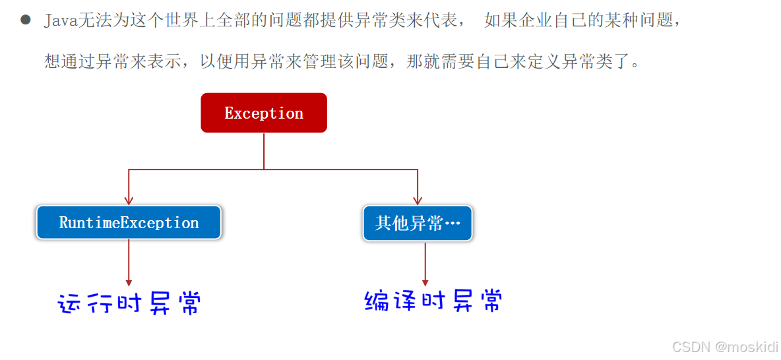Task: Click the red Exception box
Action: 264,113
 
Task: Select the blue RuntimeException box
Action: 129,223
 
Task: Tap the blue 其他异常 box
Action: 418,223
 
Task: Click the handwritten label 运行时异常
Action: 129,303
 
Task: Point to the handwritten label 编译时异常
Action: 433,301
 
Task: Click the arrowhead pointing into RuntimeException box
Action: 129,200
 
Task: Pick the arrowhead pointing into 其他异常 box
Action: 418,200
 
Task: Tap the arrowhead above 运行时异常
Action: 129,282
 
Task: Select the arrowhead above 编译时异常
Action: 425,282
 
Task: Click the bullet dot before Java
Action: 26,20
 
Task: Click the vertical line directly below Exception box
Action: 264,150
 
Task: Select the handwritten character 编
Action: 377,301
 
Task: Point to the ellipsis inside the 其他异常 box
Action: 453,224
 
